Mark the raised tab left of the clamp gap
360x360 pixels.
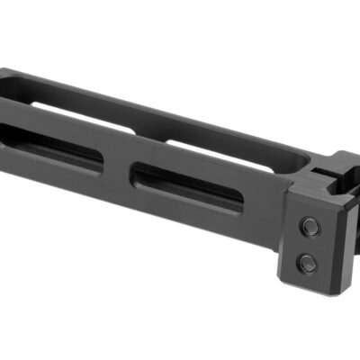[x=301, y=175]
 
